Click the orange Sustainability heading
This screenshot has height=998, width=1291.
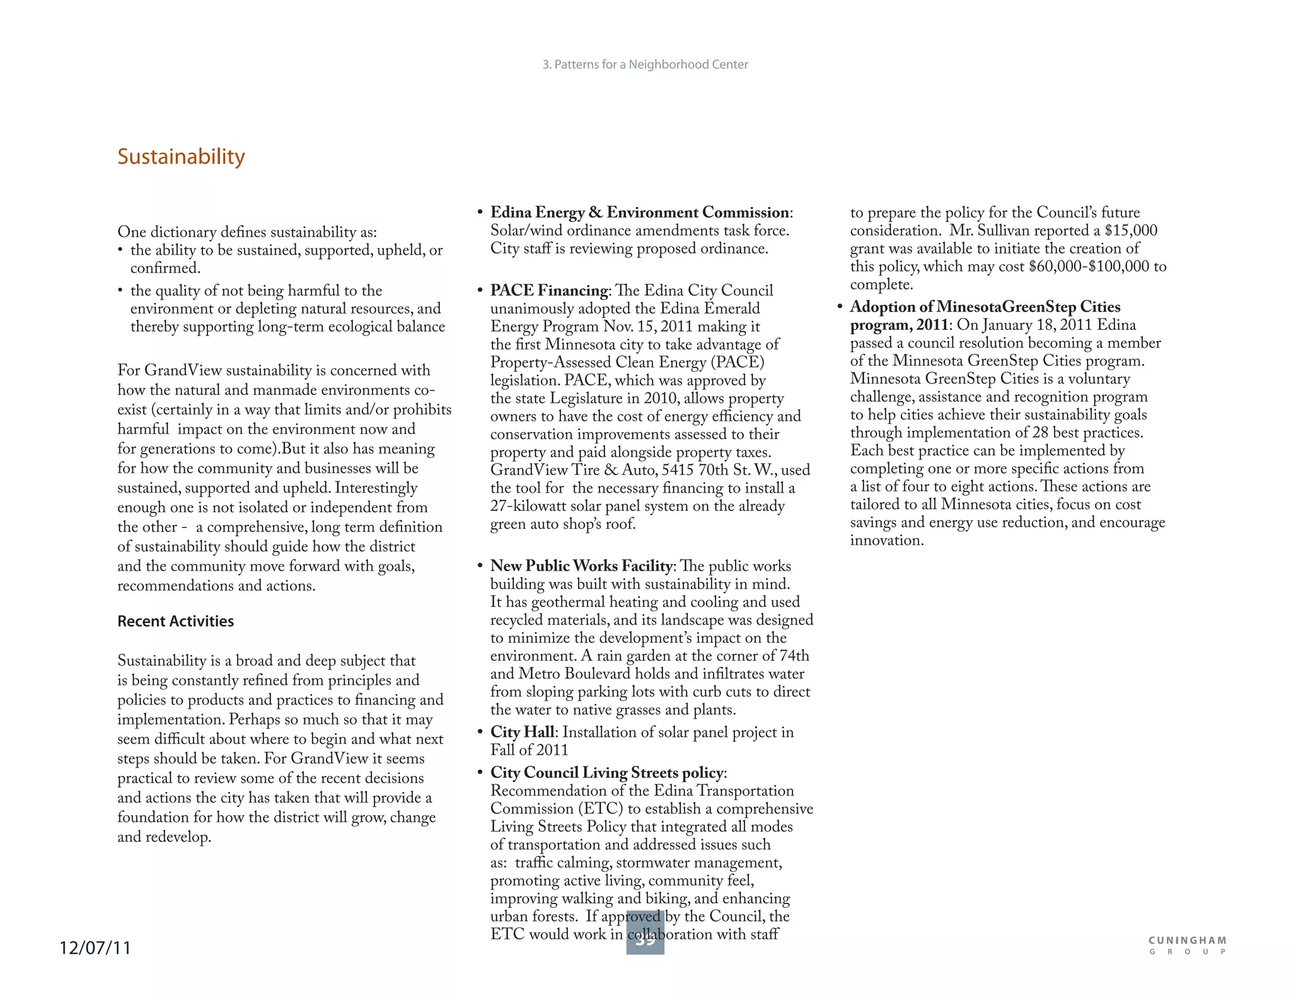[x=181, y=156]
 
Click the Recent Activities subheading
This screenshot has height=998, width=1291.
[x=175, y=621]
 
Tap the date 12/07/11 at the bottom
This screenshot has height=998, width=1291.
[x=95, y=948]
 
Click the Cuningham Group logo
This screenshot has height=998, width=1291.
[x=1188, y=945]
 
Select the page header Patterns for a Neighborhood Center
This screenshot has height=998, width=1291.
[x=645, y=64]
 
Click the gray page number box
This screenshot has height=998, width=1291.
[x=645, y=934]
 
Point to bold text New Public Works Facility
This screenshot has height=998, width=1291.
[x=581, y=566]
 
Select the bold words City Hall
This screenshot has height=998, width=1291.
[x=522, y=732]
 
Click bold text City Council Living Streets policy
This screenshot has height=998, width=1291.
[x=607, y=773]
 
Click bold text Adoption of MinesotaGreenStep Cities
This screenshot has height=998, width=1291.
[x=985, y=307]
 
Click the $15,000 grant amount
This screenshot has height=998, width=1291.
[x=1131, y=230]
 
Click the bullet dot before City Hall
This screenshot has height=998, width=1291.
[x=480, y=732]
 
